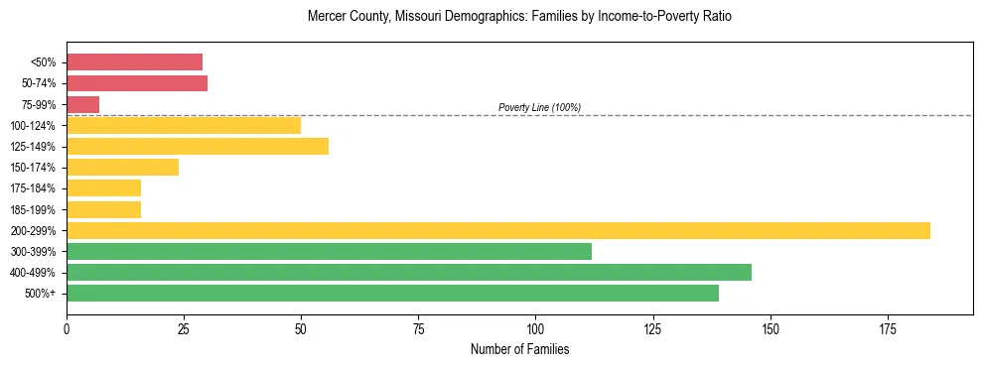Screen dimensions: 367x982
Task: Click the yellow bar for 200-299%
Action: [x=497, y=230]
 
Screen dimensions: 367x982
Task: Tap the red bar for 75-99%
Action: [x=82, y=104]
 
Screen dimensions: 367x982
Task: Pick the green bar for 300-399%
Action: [x=329, y=251]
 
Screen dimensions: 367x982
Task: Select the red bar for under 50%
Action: [x=134, y=62]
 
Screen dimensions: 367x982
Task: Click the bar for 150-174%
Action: [x=122, y=168]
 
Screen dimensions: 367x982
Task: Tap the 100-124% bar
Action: [x=184, y=125]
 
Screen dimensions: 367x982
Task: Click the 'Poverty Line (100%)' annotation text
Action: [x=539, y=107]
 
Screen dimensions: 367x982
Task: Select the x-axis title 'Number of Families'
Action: [x=519, y=349]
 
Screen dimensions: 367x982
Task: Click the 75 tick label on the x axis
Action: [x=418, y=328]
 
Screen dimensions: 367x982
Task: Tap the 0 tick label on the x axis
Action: [x=67, y=328]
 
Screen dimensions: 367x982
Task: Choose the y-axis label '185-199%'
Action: [x=34, y=209]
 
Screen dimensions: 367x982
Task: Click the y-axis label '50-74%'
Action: [x=38, y=83]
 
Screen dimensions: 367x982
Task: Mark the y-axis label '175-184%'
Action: [x=34, y=188]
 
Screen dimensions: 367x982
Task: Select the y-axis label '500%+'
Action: [x=40, y=294]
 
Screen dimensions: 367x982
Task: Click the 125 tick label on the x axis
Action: [x=652, y=328]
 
